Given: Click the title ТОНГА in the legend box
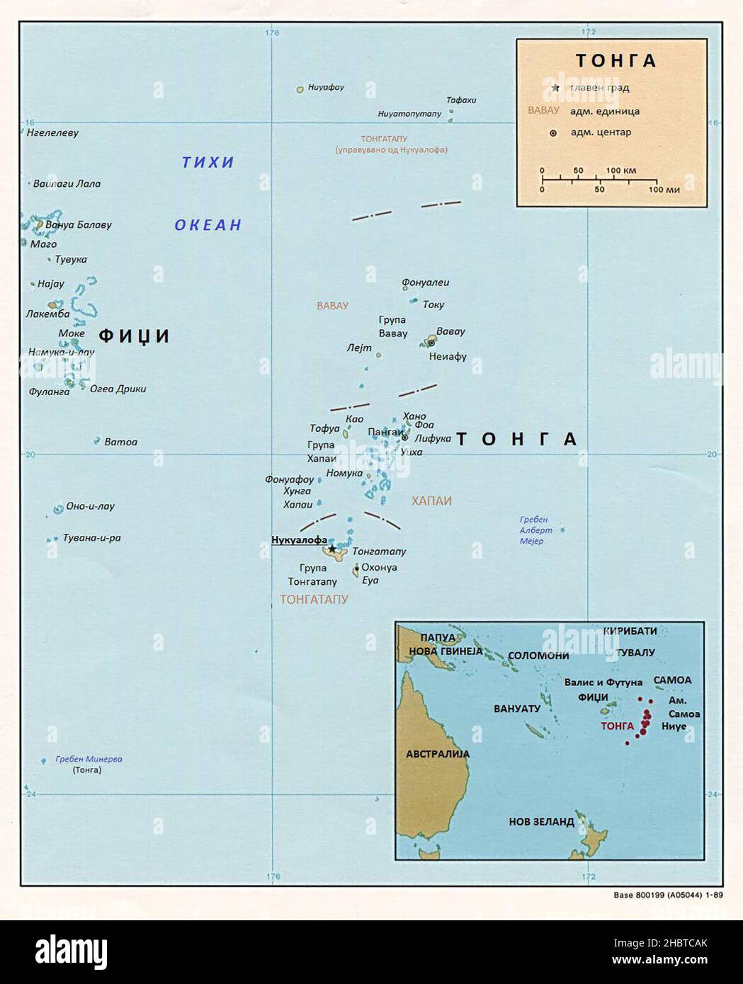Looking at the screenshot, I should point(616,61).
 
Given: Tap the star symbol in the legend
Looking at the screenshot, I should point(555,88).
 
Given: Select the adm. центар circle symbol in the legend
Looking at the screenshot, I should point(553,133).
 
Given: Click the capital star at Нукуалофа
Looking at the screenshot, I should point(332,549).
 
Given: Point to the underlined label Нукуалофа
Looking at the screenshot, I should point(299,540).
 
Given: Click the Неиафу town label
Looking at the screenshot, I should point(448,356).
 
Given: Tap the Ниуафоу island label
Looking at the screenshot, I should point(326,88).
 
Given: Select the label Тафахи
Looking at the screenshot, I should point(461,100).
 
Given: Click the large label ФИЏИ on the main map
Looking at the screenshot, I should point(134,336).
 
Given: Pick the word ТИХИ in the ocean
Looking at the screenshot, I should point(208,163).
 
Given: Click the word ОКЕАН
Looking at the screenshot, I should point(208,225).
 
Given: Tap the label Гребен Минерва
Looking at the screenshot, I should point(89,759).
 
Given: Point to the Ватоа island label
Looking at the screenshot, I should point(120,442).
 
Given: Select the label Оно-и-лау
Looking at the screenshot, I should point(90,506).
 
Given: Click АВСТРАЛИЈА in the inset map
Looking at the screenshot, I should point(438,754).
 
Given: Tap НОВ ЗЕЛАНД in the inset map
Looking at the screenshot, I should point(541,822).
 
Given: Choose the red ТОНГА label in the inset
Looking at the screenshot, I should point(617,726).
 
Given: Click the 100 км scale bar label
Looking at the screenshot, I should point(621,171).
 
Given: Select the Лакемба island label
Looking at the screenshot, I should point(47,314).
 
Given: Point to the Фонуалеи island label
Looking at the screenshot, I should point(425,282).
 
